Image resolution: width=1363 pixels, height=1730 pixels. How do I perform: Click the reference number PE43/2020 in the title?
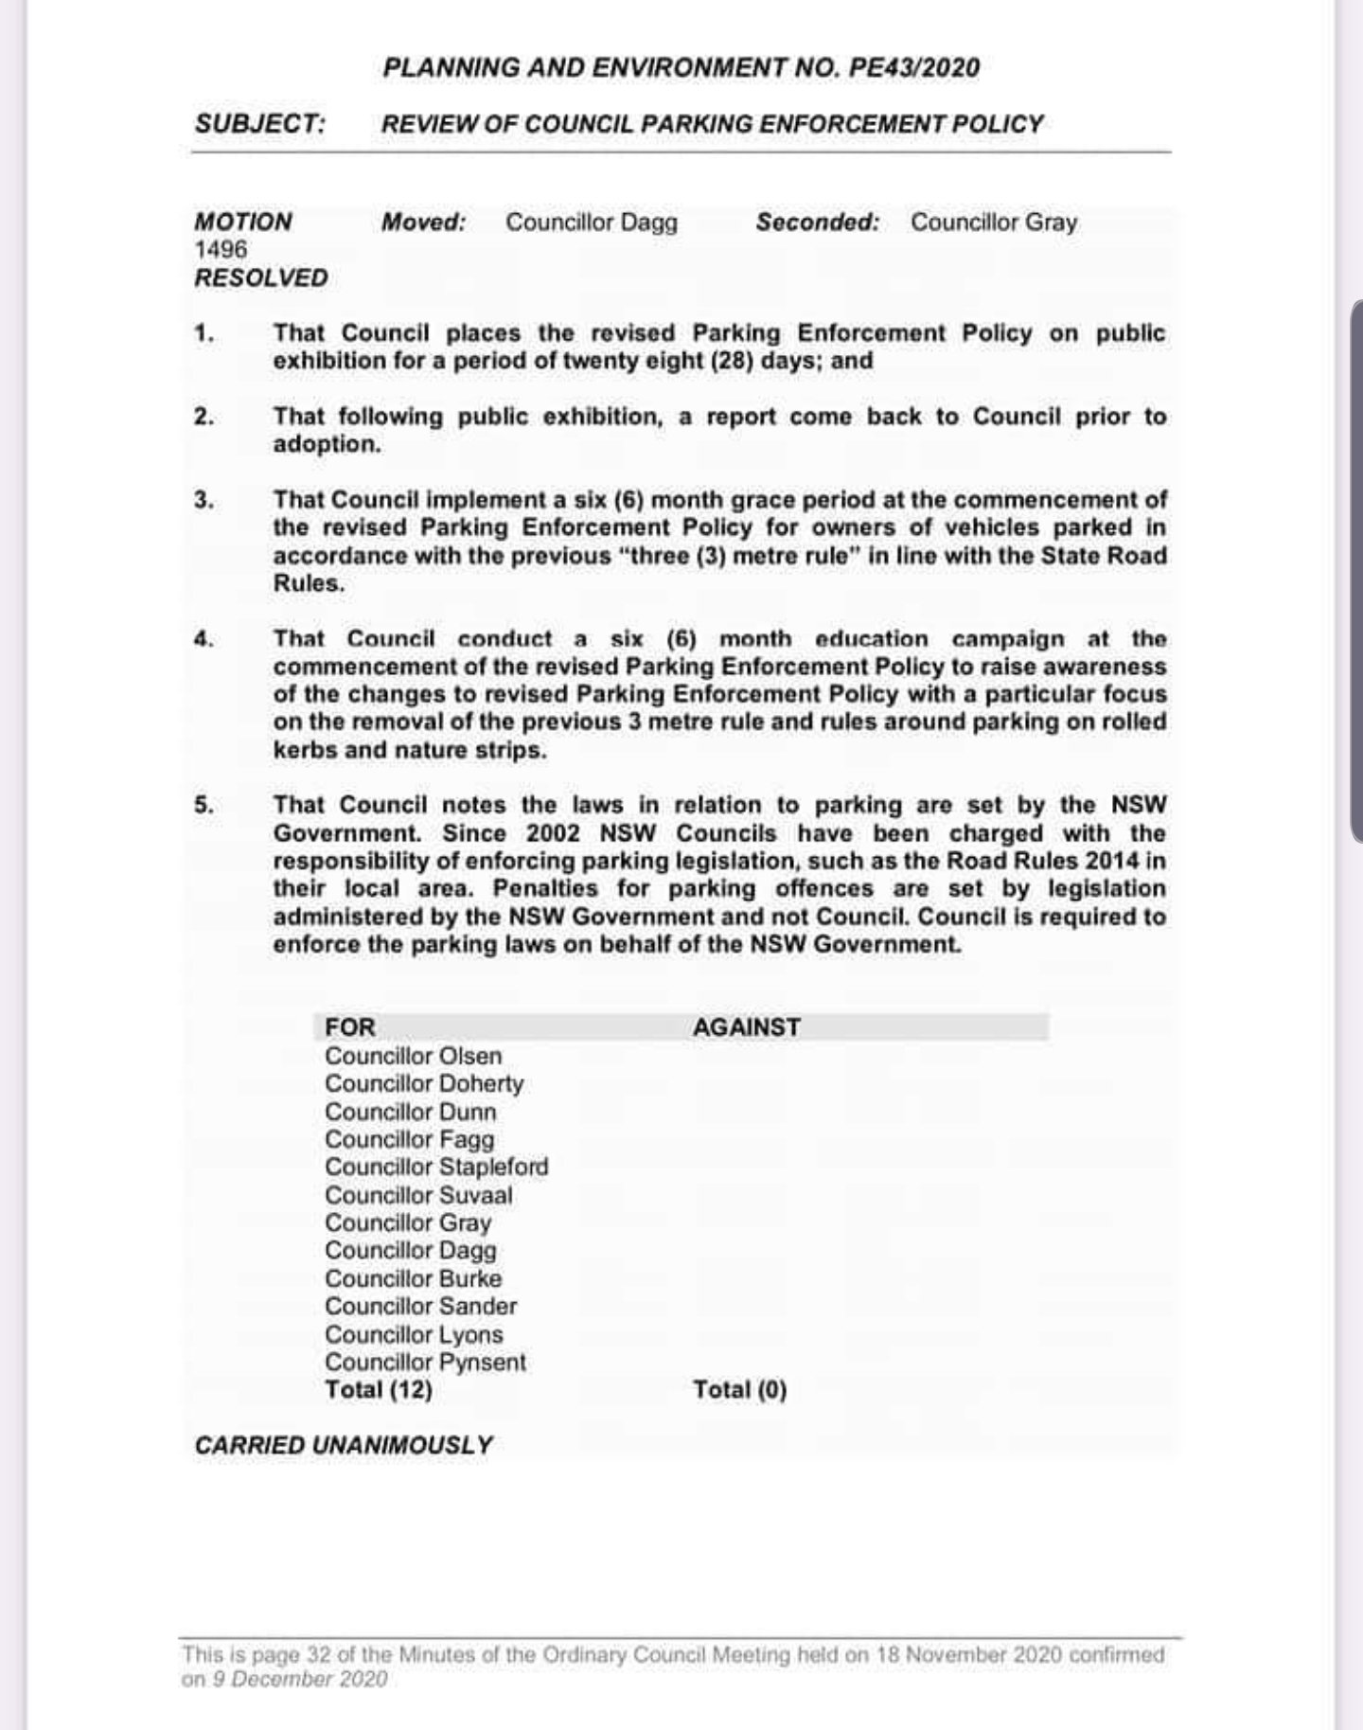914,68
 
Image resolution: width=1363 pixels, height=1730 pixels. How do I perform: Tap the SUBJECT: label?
260,124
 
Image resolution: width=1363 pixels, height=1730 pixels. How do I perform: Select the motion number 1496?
221,250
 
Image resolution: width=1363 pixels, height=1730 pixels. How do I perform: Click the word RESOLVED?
261,278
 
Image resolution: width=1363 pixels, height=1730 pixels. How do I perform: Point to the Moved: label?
423,223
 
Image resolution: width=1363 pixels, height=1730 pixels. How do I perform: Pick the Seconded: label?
817,223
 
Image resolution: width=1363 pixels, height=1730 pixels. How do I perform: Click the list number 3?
204,500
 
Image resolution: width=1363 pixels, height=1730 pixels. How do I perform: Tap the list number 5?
204,806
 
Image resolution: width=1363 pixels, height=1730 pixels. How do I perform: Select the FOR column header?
350,1027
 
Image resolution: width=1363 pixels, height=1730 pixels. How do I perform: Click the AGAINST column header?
746,1027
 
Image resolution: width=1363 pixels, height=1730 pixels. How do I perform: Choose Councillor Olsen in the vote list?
413,1056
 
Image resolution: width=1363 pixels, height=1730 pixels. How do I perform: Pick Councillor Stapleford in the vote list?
436,1167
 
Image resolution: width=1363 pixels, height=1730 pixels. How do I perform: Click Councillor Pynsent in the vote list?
425,1362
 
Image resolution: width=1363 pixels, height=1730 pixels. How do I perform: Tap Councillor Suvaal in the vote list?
418,1195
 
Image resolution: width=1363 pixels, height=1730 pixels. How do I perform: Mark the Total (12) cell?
379,1390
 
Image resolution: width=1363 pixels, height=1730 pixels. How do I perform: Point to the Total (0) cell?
739,1390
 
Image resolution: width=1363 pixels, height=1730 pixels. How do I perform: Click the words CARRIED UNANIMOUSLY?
344,1446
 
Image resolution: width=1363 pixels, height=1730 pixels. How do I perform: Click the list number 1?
204,333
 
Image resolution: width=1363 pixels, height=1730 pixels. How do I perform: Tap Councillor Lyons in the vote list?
414,1334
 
